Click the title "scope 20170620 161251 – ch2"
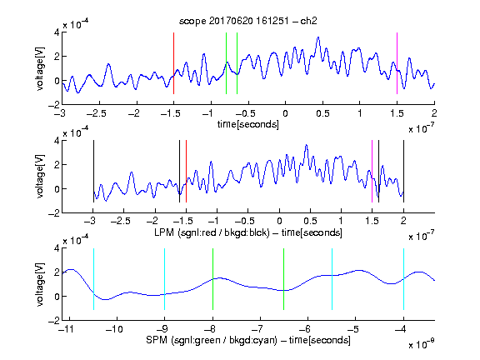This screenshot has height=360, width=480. pos(248,21)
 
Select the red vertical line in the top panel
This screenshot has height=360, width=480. pos(173,63)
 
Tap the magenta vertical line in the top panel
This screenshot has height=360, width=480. pos(397,63)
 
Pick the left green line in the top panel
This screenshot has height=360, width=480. pos(226,63)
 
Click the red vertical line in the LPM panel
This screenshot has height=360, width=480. pos(186,171)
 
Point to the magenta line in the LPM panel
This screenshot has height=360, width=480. pos(372,171)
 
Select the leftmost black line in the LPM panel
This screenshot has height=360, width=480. pos(93,171)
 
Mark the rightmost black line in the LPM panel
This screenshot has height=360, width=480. pos(403,171)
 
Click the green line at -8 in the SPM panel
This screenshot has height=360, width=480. pos(212,279)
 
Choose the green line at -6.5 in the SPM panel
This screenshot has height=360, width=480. pos(284,279)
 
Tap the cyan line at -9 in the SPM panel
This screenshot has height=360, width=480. pos(165,279)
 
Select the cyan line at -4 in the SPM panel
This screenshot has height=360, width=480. pos(403,279)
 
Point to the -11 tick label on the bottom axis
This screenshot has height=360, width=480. pos(66,329)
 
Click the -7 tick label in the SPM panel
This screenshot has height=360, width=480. pos(258,329)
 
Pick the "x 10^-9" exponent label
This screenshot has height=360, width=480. pos(421,344)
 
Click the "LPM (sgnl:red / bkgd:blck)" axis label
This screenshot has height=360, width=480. pos(212,232)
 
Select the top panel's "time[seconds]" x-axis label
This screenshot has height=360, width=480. pos(248,124)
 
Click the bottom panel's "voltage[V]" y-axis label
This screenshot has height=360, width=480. pos(40,284)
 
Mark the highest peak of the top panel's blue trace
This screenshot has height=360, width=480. pos(318,37)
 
